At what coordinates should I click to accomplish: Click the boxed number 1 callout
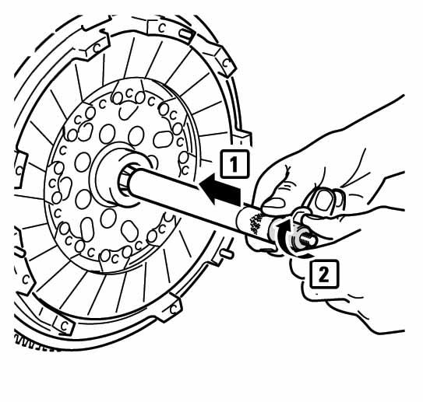pos(234,165)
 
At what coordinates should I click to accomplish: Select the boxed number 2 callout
pos(324,274)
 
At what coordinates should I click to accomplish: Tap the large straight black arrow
pos(220,189)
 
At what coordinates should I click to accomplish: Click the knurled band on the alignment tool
pos(254,223)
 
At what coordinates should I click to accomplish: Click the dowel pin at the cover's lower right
pos(226,253)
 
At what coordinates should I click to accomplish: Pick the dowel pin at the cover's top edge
pos(185,34)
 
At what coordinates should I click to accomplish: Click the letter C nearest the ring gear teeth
pos(64,326)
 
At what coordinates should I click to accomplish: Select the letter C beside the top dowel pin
pos(161,28)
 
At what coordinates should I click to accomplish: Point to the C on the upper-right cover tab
pos(226,64)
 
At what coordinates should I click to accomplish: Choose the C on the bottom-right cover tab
pos(174,309)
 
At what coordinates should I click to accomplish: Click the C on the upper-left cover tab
pos(97,48)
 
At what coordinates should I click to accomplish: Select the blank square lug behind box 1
pos(243,138)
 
